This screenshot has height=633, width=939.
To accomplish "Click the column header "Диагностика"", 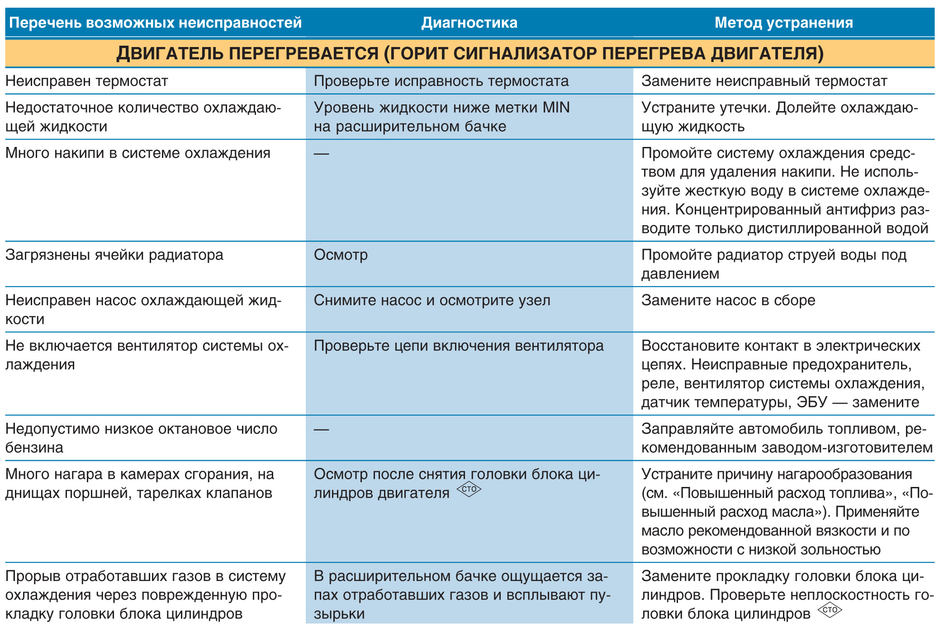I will pyautogui.click(x=469, y=23).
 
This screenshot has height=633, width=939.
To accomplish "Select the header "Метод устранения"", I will pyautogui.click(x=783, y=23).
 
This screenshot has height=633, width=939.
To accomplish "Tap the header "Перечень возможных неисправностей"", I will pyautogui.click(x=155, y=23).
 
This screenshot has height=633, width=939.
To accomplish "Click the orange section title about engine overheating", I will pyautogui.click(x=469, y=53).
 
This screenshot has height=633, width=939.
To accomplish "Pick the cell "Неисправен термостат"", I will pyautogui.click(x=86, y=81).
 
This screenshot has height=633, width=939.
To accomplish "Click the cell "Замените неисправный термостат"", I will pyautogui.click(x=764, y=81).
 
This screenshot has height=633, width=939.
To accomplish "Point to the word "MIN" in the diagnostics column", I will pyautogui.click(x=556, y=108).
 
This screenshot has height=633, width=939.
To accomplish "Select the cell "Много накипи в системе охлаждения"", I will pyautogui.click(x=138, y=153).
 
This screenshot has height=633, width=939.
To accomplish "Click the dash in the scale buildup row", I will pyautogui.click(x=321, y=154).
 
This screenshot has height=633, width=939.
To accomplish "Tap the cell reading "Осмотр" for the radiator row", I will pyautogui.click(x=341, y=255).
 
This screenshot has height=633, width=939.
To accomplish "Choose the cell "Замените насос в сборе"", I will pyautogui.click(x=728, y=300).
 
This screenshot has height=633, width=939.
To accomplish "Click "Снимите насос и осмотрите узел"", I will pyautogui.click(x=432, y=300).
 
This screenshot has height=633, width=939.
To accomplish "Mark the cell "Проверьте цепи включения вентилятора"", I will pyautogui.click(x=459, y=346).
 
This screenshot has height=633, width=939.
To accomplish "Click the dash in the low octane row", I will pyautogui.click(x=321, y=430).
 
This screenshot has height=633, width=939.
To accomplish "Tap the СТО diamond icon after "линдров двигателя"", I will pyautogui.click(x=469, y=489).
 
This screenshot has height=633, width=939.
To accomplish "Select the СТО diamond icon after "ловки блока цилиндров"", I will pyautogui.click(x=830, y=610).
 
